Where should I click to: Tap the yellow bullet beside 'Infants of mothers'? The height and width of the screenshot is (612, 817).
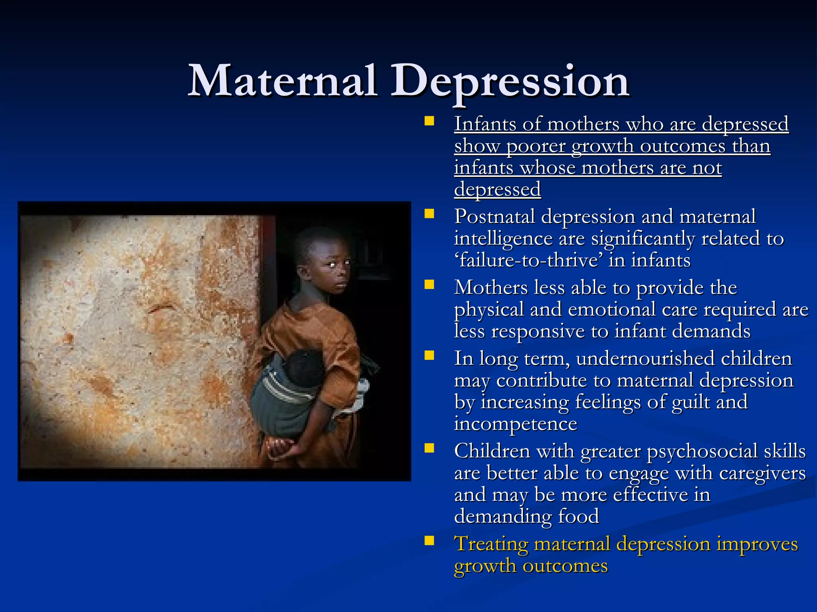coord(429,121)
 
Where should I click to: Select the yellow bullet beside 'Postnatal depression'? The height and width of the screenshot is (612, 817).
coord(429,214)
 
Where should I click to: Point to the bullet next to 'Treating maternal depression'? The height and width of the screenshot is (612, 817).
coord(429,541)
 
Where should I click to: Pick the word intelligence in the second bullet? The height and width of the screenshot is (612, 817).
coord(503,239)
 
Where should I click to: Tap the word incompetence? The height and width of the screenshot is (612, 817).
coord(515,424)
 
